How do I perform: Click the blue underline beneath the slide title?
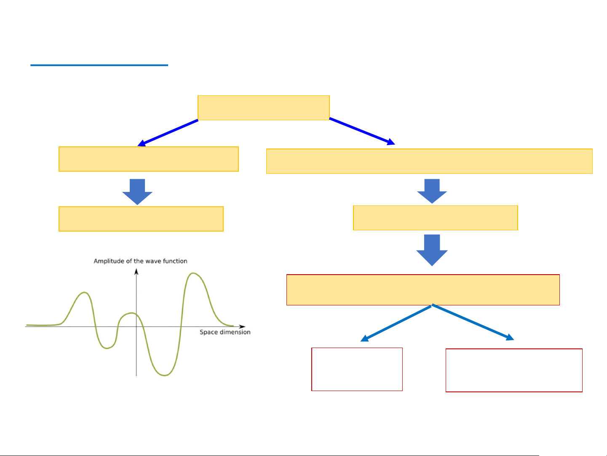(x=99, y=65)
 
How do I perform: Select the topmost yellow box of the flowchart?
(x=263, y=108)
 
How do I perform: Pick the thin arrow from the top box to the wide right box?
(x=361, y=131)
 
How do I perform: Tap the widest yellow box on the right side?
(x=429, y=161)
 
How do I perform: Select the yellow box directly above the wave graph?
(x=141, y=219)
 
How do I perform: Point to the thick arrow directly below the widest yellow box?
(x=432, y=191)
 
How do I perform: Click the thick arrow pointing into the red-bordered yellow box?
(x=432, y=250)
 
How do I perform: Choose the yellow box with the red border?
(x=423, y=290)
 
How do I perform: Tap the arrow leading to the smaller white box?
(x=396, y=323)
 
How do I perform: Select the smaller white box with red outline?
(x=357, y=369)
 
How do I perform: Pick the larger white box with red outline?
(x=514, y=370)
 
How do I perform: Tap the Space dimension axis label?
(x=225, y=332)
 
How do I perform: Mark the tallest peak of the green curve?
(x=193, y=273)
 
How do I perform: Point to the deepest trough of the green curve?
(x=164, y=375)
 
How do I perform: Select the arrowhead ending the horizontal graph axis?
(x=242, y=326)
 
